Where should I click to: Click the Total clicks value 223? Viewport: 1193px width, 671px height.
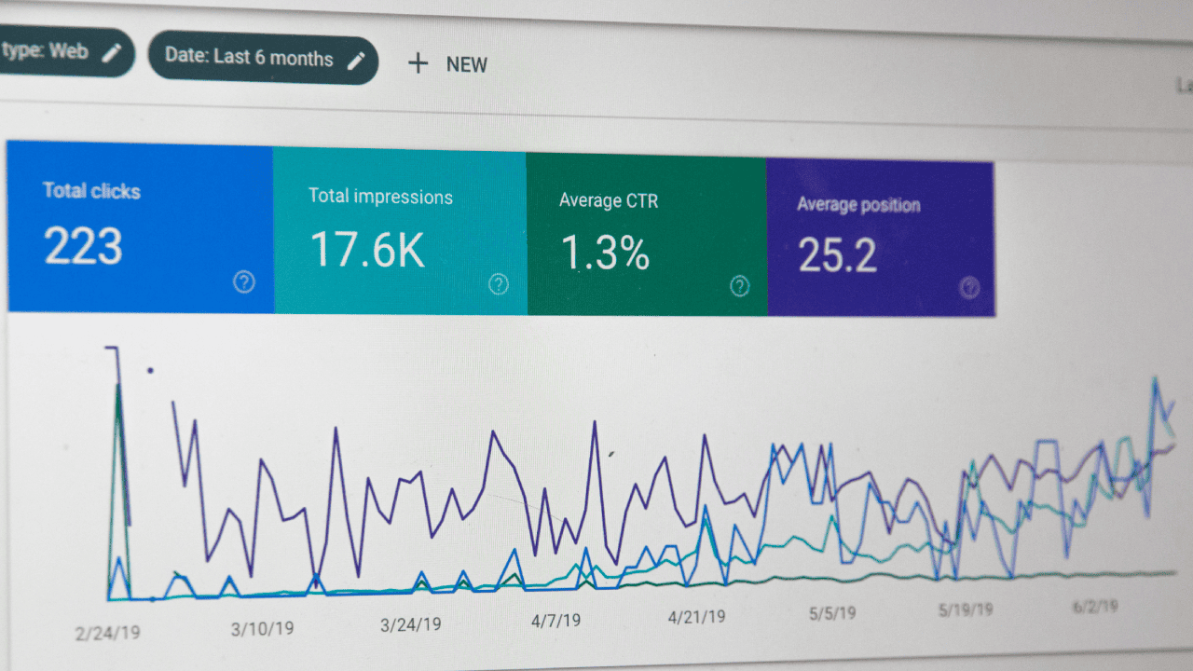(x=83, y=246)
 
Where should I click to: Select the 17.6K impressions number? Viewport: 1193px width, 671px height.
(x=366, y=250)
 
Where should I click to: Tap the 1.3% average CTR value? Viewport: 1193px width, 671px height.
(x=605, y=253)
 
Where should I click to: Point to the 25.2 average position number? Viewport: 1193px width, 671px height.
(x=837, y=255)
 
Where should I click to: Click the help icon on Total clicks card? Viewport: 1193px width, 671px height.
(x=244, y=281)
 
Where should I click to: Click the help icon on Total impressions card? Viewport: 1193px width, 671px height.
(x=499, y=283)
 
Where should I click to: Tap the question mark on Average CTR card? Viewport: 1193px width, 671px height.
(x=739, y=285)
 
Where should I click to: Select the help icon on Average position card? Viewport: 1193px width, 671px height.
(x=969, y=287)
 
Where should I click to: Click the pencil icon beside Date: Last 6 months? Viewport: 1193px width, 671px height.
(x=356, y=61)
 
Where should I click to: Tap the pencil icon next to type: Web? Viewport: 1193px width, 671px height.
(x=112, y=52)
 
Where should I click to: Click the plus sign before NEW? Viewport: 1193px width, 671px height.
(x=418, y=63)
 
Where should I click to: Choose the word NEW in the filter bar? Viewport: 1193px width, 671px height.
(x=466, y=64)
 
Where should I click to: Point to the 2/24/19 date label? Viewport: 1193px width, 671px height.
(x=108, y=633)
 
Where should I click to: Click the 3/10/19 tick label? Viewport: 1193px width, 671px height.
(x=262, y=629)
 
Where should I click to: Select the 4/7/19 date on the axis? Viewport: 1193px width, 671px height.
(x=555, y=621)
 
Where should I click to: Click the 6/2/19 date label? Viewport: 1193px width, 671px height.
(x=1095, y=607)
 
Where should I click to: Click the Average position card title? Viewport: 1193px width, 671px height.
(x=857, y=205)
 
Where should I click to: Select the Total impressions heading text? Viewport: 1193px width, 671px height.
(x=380, y=198)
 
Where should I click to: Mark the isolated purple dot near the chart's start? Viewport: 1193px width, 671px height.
(x=150, y=370)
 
